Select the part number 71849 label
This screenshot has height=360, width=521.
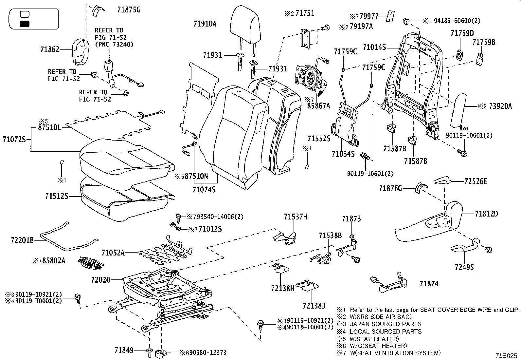pyautogui.click(x=124, y=351)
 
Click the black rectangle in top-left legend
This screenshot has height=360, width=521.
pyautogui.click(x=25, y=24)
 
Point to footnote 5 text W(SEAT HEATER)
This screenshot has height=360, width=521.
pyautogui.click(x=374, y=339)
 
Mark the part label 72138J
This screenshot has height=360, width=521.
pyautogui.click(x=314, y=306)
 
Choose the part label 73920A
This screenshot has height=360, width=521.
pyautogui.click(x=500, y=106)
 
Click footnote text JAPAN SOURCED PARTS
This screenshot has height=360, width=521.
pyautogui.click(x=386, y=324)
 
